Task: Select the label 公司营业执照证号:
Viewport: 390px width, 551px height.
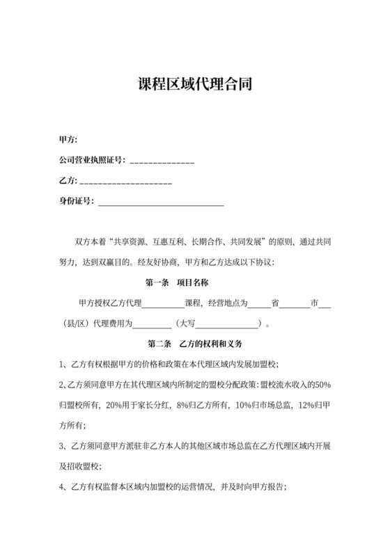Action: [x=92, y=160]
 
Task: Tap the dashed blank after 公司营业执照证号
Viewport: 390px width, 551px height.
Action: [x=162, y=161]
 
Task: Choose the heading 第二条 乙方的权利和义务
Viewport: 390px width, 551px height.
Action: [x=194, y=344]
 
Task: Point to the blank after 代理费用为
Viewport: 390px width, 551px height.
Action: [x=151, y=325]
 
